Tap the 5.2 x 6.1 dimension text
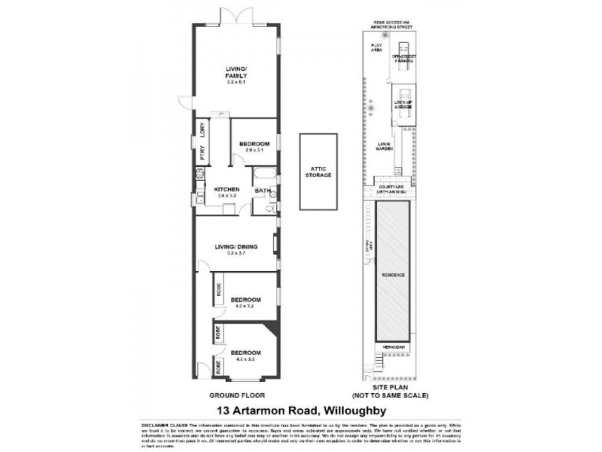click(x=236, y=81)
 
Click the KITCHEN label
click(x=227, y=188)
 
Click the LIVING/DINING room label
click(x=236, y=246)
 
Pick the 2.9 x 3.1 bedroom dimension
click(x=254, y=151)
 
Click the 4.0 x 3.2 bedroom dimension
click(x=245, y=306)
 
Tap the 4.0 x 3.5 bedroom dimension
click(x=245, y=359)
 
